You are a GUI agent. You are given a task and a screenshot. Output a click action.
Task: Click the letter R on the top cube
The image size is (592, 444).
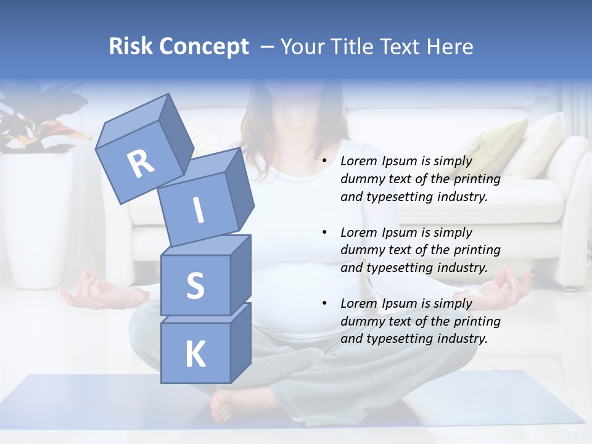tap(141, 164)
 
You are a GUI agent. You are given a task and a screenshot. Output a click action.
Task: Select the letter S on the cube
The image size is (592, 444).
tap(195, 286)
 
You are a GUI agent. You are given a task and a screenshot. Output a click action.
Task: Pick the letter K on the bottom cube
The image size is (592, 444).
tap(195, 355)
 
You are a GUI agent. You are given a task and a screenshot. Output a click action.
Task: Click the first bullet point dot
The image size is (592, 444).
tap(324, 161)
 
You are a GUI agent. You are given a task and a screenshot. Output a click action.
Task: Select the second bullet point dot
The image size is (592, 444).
tap(324, 232)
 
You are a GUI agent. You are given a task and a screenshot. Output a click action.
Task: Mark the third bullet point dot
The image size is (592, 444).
tap(324, 303)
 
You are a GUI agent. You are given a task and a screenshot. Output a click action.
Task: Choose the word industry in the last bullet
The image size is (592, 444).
tap(462, 339)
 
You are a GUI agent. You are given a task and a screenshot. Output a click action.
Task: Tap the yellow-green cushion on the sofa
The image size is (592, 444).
tap(500, 148)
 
